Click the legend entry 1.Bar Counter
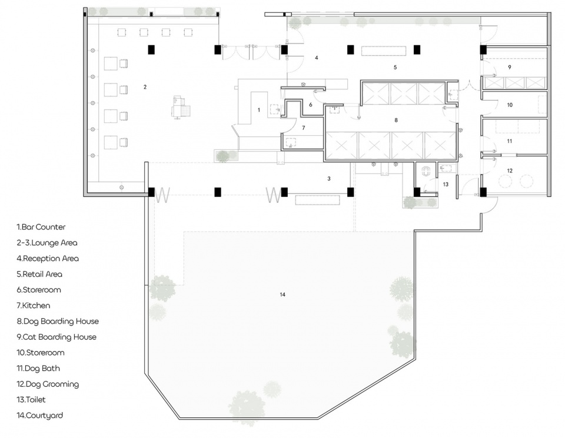point(41,227)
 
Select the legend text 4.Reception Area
point(48,259)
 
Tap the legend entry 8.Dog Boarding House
point(58,321)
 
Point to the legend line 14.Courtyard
point(39,415)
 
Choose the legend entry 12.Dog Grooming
point(48,384)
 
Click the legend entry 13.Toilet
point(31,399)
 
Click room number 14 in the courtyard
point(282,295)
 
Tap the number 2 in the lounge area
point(145,87)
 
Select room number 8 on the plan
point(396,120)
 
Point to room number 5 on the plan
point(395,67)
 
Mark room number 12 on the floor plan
point(510,170)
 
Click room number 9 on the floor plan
point(510,67)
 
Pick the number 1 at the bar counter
point(259,110)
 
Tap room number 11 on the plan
point(510,141)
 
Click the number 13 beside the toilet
point(446,184)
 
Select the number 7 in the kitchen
point(304,128)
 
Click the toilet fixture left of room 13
point(426,171)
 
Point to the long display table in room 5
point(384,51)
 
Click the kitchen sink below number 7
point(290,142)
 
